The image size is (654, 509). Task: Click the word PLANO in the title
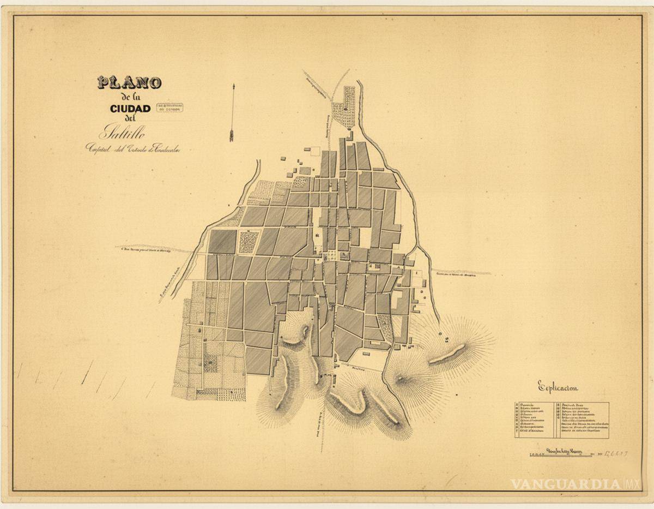tap(129, 83)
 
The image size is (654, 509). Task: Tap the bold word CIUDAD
tap(130, 109)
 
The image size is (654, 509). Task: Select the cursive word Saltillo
tap(123, 133)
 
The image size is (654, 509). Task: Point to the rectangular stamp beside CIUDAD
tap(169, 107)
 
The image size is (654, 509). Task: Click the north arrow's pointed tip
tap(233, 86)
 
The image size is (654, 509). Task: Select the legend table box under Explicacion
tap(561, 420)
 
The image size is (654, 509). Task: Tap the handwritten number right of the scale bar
tap(614, 453)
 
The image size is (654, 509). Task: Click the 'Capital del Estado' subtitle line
tap(132, 148)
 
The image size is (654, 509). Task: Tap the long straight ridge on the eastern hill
tap(447, 355)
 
